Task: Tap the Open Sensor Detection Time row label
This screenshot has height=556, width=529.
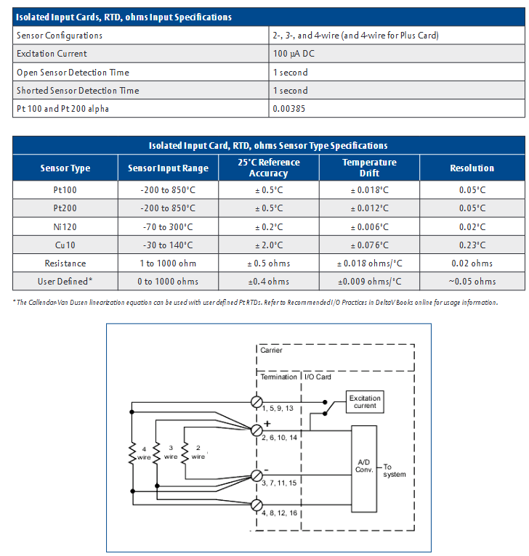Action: click(x=73, y=73)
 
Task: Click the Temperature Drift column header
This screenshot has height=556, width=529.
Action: click(x=369, y=168)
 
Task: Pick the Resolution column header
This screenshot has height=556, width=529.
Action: click(x=472, y=168)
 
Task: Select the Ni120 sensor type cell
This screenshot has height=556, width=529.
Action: click(x=65, y=226)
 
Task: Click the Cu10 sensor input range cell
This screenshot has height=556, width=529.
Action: click(x=168, y=245)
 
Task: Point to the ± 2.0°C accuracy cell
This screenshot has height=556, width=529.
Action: click(x=268, y=245)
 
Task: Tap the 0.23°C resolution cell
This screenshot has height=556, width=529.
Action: click(x=472, y=245)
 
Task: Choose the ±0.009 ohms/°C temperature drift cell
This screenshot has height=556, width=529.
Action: click(x=369, y=282)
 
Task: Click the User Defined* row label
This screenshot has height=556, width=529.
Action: click(x=65, y=282)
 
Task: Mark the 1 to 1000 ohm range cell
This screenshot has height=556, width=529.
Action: click(x=168, y=263)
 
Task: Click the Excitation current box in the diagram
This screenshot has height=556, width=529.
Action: click(x=365, y=402)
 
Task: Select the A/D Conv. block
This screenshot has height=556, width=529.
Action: click(x=364, y=465)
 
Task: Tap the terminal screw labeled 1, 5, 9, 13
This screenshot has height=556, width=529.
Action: click(x=257, y=401)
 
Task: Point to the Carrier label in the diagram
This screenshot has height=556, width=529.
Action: click(x=271, y=351)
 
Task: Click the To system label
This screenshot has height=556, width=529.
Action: click(x=394, y=470)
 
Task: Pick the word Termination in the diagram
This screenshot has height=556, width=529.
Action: click(x=278, y=377)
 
